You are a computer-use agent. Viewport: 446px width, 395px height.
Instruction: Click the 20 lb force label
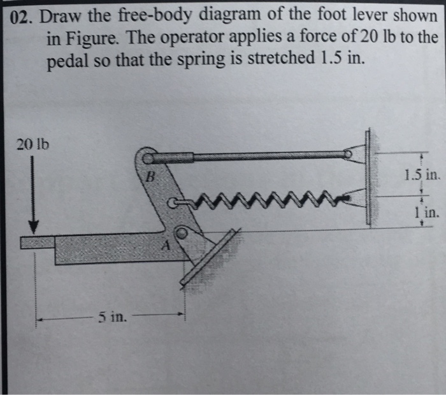(x=28, y=143)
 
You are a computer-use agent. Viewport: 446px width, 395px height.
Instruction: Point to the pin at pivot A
(x=182, y=234)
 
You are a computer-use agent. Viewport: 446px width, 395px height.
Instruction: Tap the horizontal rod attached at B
(x=248, y=155)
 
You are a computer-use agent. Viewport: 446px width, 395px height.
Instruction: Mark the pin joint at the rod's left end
(x=148, y=156)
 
